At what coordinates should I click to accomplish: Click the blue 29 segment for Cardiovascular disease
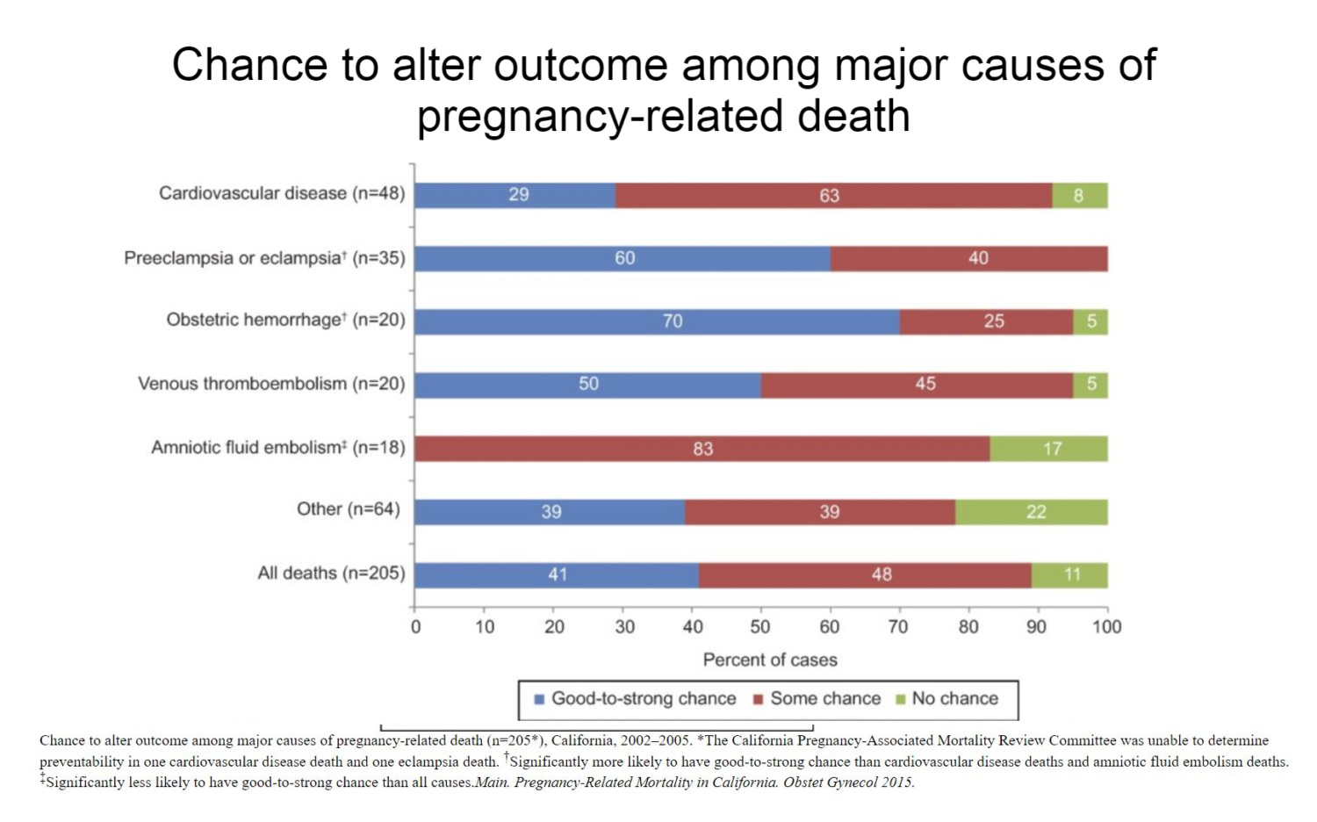pyautogui.click(x=515, y=195)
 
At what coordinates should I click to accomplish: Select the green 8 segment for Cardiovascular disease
pyautogui.click(x=1079, y=195)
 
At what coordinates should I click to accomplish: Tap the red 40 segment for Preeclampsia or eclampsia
pyautogui.click(x=968, y=258)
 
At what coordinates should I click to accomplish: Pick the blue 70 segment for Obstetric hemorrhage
pyautogui.click(x=657, y=321)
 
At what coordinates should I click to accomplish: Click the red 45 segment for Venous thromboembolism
pyautogui.click(x=917, y=385)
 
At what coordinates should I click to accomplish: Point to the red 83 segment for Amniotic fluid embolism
pyautogui.click(x=702, y=449)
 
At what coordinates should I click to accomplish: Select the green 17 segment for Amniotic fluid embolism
pyautogui.click(x=1048, y=449)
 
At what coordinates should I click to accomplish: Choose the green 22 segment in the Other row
pyautogui.click(x=1031, y=512)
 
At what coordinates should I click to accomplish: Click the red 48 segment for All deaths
pyautogui.click(x=865, y=575)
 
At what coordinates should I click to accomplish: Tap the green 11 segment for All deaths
pyautogui.click(x=1069, y=575)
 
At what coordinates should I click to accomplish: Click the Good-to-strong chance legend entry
pyautogui.click(x=635, y=699)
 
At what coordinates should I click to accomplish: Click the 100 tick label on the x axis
pyautogui.click(x=1106, y=627)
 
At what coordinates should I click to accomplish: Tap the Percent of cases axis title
pyautogui.click(x=770, y=660)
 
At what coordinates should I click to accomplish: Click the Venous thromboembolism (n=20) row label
pyautogui.click(x=271, y=384)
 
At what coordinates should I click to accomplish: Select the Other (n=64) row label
pyautogui.click(x=348, y=509)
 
